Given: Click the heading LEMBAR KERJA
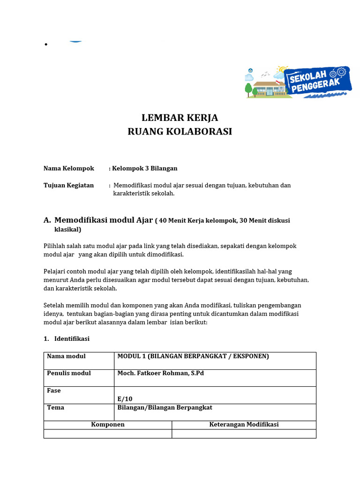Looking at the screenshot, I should click(180, 118).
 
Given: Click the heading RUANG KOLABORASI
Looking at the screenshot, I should click(180, 131).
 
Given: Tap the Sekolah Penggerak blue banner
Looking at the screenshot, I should click(319, 81).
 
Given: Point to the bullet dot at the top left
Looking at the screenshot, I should click(46, 45).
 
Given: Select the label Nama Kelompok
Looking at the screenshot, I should click(69, 168).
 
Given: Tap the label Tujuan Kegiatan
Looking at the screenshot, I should click(68, 185).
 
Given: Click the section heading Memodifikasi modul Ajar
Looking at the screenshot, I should click(104, 220).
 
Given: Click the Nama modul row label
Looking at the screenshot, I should click(66, 356).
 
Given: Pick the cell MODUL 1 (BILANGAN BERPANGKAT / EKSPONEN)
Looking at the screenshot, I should click(193, 356).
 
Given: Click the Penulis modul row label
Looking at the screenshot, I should click(69, 373).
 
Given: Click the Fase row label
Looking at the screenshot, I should click(54, 390).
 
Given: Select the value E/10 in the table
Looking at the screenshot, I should click(125, 399).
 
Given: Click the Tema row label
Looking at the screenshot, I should click(56, 407).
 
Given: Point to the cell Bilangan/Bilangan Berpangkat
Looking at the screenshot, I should click(165, 407).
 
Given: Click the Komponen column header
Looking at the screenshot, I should click(108, 424).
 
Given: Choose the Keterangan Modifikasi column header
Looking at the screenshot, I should click(244, 424).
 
